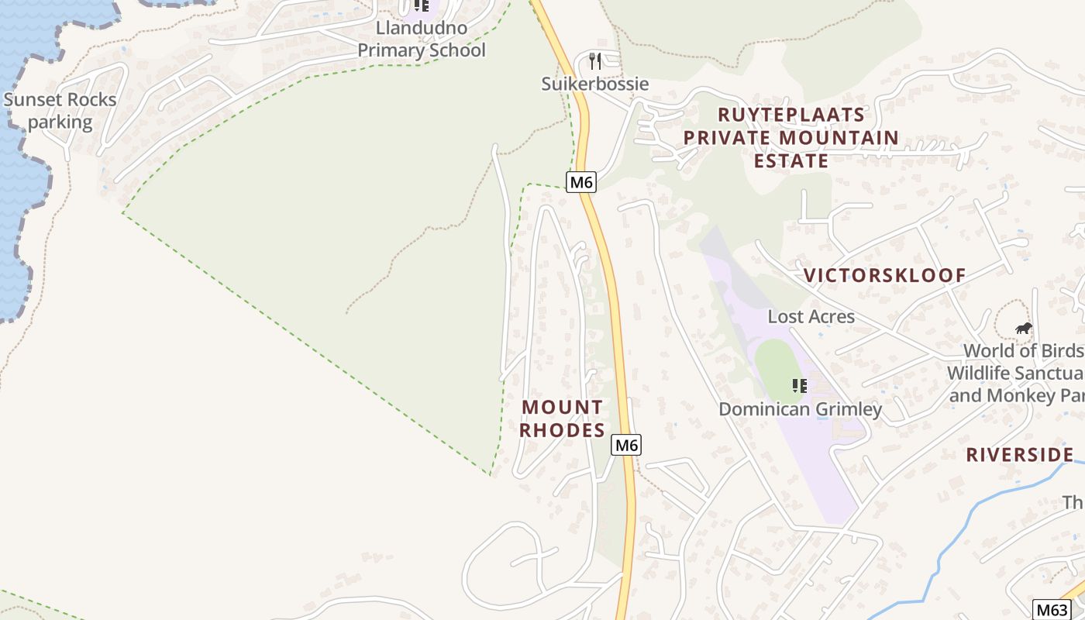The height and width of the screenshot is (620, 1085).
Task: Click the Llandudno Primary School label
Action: [x=421, y=40]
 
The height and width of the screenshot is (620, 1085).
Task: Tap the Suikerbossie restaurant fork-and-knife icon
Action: [x=595, y=60]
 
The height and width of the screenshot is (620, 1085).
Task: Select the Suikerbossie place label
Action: [x=595, y=84]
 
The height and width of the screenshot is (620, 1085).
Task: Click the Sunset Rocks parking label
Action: [x=60, y=111]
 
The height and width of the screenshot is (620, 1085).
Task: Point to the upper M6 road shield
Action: [x=581, y=182]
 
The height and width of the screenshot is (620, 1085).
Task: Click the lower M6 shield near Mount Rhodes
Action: [x=626, y=445]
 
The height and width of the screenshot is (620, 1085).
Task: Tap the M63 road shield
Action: [x=1052, y=610]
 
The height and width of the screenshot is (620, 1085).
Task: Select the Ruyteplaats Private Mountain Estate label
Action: [x=790, y=138]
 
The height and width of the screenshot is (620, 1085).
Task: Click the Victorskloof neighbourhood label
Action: [x=884, y=275]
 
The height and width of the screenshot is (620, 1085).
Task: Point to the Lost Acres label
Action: [x=811, y=316]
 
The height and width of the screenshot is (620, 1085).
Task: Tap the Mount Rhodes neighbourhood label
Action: [x=562, y=418]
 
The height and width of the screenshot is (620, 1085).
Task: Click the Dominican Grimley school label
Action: [x=800, y=409]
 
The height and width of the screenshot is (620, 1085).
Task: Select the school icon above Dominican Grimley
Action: [x=800, y=385]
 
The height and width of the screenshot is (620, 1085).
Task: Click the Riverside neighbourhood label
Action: [x=1019, y=455]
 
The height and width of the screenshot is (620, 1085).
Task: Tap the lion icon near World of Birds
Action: [x=1024, y=329]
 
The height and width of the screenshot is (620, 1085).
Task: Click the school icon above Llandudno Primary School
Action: [x=421, y=6]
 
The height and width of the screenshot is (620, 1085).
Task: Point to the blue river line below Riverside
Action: [x=961, y=527]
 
